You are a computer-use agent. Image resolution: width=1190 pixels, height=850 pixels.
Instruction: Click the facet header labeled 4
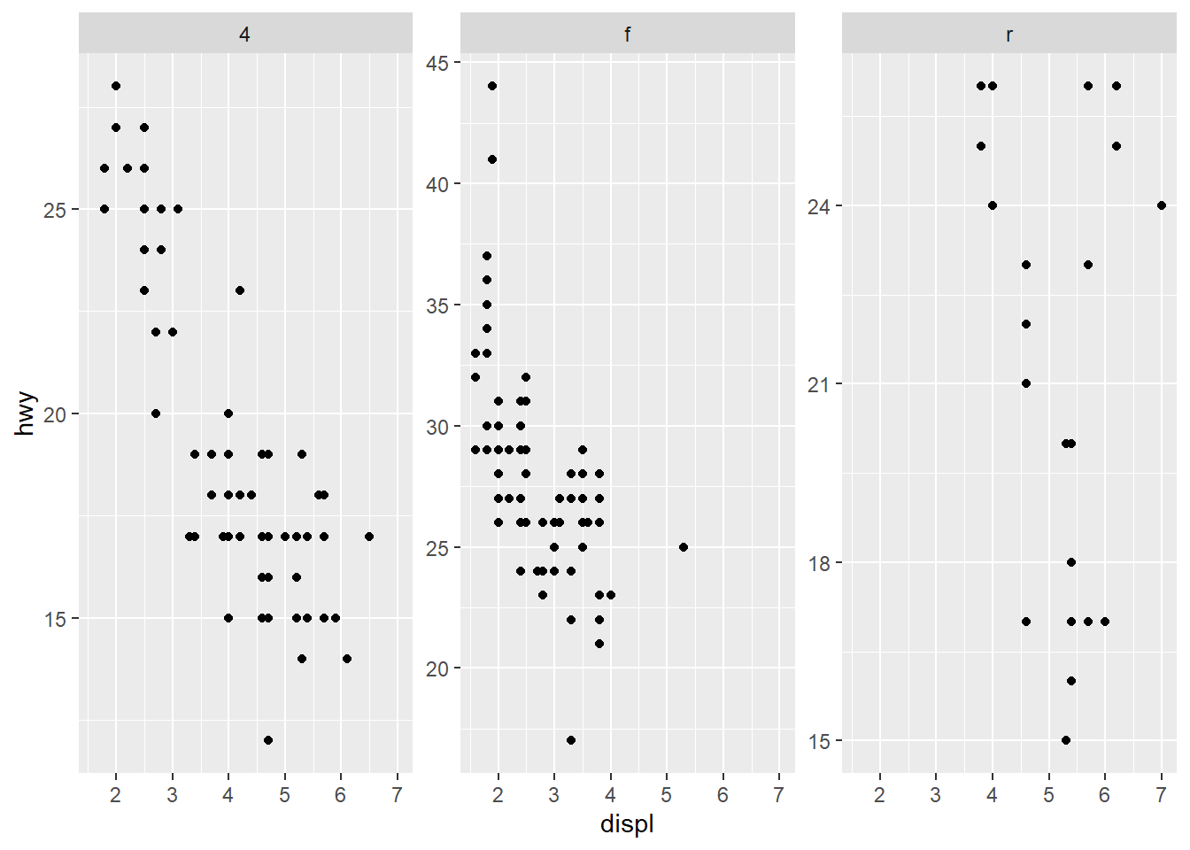[245, 35]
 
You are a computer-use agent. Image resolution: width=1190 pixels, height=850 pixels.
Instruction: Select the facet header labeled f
[627, 35]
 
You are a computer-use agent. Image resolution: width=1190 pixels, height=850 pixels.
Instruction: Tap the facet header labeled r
[1008, 35]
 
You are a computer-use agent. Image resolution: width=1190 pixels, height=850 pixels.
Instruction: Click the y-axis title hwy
[26, 413]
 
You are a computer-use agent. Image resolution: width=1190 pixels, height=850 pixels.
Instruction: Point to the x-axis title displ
[627, 824]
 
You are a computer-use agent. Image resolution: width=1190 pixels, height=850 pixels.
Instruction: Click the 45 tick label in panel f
[437, 63]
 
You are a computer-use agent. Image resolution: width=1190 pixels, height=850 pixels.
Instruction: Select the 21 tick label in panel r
[820, 384]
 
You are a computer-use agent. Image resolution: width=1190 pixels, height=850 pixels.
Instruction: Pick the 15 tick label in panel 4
[55, 619]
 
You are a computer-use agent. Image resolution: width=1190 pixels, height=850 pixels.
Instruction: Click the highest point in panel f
[492, 86]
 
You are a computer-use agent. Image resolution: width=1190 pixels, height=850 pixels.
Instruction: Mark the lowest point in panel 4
[268, 740]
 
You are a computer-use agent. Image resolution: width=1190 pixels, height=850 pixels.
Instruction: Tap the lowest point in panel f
[571, 740]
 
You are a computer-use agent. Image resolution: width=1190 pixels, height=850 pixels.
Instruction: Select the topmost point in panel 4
[116, 86]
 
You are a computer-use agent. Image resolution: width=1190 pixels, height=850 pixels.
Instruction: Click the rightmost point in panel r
[1162, 205]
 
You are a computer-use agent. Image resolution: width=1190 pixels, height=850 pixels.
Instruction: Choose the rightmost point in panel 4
[369, 537]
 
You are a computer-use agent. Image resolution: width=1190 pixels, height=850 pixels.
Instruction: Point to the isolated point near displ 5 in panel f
[684, 547]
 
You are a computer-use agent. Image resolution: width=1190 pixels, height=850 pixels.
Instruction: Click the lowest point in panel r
[1066, 740]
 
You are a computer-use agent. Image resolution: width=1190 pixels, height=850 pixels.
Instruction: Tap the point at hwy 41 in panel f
[492, 159]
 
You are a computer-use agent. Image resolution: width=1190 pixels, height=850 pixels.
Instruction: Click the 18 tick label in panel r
[820, 563]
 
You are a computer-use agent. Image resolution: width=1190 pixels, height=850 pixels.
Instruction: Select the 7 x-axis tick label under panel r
[1162, 795]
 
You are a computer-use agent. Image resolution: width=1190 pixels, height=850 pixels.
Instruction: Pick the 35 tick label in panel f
[437, 305]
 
